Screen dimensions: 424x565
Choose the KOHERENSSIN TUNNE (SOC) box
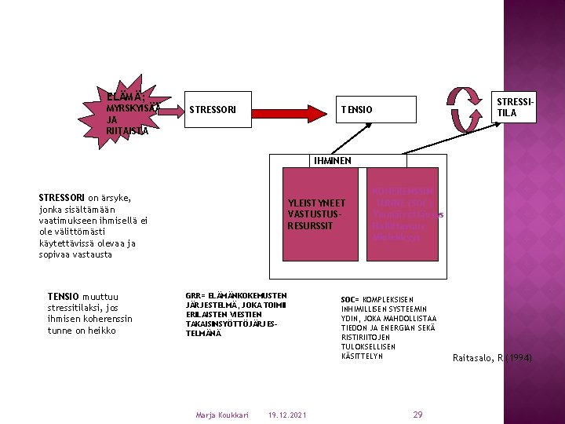coord(407,213)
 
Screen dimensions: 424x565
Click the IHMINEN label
coord(333,160)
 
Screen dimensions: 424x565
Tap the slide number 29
coord(417,414)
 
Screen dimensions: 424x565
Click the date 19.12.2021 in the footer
coord(287,415)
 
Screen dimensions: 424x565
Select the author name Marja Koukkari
coord(221,415)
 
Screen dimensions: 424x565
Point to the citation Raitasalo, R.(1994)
coord(492,358)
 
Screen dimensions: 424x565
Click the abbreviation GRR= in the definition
coord(195,295)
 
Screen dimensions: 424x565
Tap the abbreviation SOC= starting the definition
coord(350,300)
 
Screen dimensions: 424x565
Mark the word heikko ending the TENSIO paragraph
coord(102,331)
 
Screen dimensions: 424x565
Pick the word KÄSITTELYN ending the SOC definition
coord(362,356)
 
